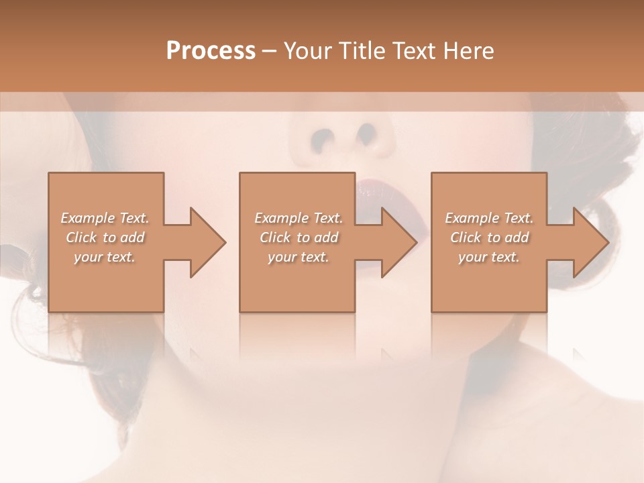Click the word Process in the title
pyautogui.click(x=211, y=51)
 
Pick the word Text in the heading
pyautogui.click(x=414, y=51)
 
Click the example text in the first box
pyautogui.click(x=105, y=237)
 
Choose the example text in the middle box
pyautogui.click(x=298, y=237)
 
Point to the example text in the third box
pyautogui.click(x=489, y=237)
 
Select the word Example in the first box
pyautogui.click(x=87, y=218)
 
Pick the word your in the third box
pyautogui.click(x=472, y=257)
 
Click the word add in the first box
pyautogui.click(x=132, y=237)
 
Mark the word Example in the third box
pyautogui.click(x=472, y=218)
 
